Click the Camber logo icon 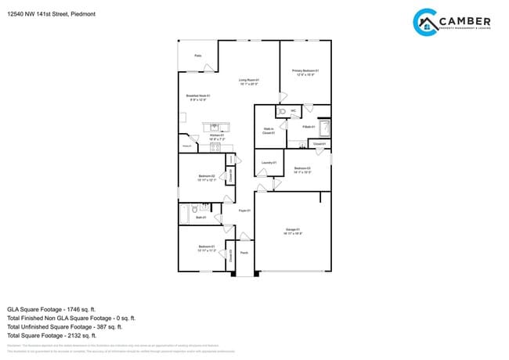425,22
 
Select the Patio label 197,56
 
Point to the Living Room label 248,81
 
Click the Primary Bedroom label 305,72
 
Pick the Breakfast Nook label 197,97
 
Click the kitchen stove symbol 214,146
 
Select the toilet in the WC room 282,112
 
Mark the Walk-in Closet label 267,131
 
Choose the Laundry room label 269,162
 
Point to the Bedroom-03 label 302,170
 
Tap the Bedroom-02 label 206,177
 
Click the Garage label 292,231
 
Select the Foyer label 244,211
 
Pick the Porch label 244,253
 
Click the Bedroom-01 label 206,247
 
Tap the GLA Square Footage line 60,309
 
